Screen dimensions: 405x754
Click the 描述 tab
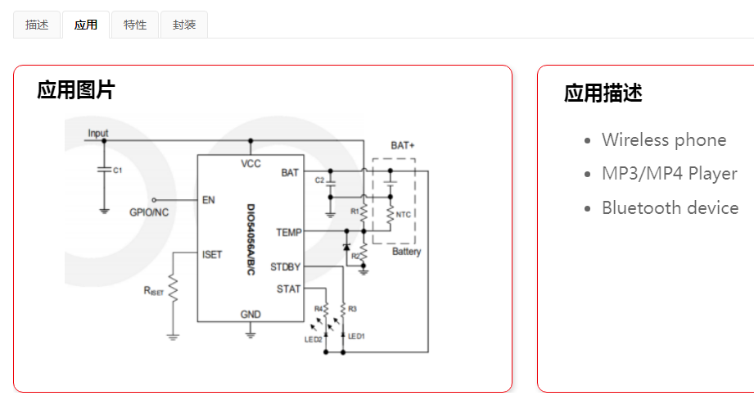[37, 25]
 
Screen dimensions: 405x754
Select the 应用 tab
[86, 25]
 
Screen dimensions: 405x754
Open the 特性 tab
[135, 25]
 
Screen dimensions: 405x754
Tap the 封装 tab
[184, 25]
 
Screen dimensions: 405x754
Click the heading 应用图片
[76, 90]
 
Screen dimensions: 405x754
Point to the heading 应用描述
[603, 93]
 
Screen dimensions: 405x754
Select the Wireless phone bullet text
[664, 139]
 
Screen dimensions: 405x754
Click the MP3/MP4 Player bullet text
[670, 174]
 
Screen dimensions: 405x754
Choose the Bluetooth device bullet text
[670, 207]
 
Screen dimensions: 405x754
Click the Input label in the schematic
[98, 133]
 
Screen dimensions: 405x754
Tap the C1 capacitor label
[117, 171]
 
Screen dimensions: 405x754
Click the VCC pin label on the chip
[251, 163]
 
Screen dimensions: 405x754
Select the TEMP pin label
[288, 232]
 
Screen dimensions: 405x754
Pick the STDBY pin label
[285, 266]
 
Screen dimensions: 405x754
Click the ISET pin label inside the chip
[212, 255]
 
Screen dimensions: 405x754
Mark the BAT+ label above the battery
[402, 145]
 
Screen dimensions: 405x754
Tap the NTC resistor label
[403, 215]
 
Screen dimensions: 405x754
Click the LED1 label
[356, 336]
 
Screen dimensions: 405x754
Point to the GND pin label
[251, 314]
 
